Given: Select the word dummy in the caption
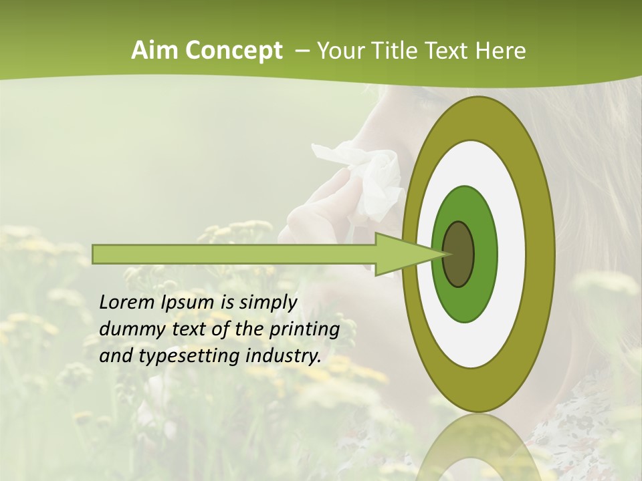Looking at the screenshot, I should (128, 329).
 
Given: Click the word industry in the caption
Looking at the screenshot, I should (283, 356).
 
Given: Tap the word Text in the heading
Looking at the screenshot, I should (449, 51).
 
